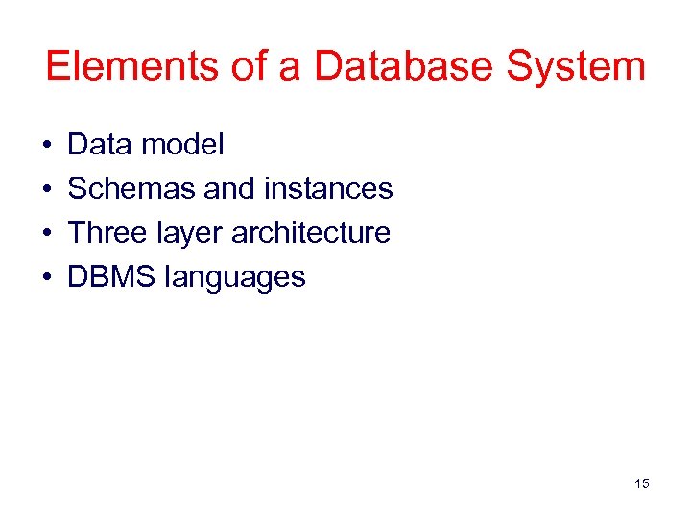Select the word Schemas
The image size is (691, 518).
131,189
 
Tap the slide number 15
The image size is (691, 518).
641,483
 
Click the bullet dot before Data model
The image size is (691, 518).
47,146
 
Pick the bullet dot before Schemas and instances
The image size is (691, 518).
47,190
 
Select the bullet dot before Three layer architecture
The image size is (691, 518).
47,234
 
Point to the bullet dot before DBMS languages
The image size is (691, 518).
47,278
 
